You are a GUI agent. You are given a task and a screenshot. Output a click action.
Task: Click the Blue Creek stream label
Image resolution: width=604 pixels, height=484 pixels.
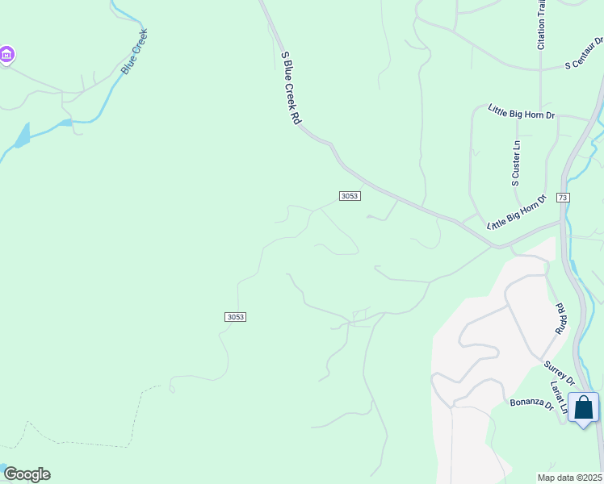point(135,52)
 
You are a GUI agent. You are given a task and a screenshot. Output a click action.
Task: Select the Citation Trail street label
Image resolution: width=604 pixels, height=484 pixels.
point(541,25)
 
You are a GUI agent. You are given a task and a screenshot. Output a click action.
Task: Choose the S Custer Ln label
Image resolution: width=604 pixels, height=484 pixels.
point(516,164)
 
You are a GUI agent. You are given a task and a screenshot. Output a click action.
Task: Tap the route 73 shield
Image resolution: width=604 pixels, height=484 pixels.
point(563,198)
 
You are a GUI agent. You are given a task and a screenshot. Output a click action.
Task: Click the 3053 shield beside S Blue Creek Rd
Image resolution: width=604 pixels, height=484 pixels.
point(350,196)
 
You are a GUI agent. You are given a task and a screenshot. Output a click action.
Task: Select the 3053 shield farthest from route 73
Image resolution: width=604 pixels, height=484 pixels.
point(235,317)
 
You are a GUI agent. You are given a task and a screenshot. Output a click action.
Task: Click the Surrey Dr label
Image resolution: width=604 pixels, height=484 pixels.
point(558,373)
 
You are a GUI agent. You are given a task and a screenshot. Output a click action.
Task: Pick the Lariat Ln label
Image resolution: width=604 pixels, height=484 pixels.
point(559,396)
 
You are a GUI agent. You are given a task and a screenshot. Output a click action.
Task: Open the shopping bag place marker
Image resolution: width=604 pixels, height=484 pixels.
point(583,408)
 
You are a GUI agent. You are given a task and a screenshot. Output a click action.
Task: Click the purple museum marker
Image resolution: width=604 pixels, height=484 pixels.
point(6,55)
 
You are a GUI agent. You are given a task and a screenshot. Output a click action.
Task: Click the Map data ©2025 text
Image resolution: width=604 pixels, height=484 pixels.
point(569,478)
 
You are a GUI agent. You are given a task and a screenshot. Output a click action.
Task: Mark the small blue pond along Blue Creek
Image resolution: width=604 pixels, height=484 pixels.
point(23,135)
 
